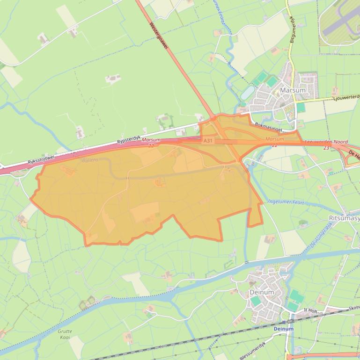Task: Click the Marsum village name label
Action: pyautogui.click(x=293, y=90)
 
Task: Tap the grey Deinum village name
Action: pyautogui.click(x=261, y=292)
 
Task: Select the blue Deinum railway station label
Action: pyautogui.click(x=284, y=329)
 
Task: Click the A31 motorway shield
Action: pyautogui.click(x=208, y=140)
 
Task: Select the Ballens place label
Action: pyautogui.click(x=90, y=160)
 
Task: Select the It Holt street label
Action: pyautogui.click(x=310, y=310)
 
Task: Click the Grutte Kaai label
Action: pyautogui.click(x=65, y=334)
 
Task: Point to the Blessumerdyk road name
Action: pyautogui.click(x=252, y=350)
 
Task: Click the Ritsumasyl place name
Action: pyautogui.click(x=344, y=218)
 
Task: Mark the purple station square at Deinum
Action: pyautogui.click(x=283, y=322)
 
